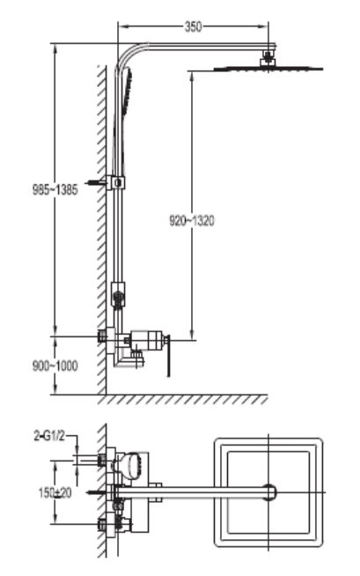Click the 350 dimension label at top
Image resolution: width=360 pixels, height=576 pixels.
coord(193,26)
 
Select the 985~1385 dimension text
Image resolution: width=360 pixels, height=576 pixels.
coord(55,190)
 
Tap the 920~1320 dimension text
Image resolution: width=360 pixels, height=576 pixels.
coord(192,221)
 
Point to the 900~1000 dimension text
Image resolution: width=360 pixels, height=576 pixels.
coord(55,366)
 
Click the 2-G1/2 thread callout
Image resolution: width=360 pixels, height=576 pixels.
coord(49,436)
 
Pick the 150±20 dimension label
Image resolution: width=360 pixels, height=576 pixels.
coord(55,493)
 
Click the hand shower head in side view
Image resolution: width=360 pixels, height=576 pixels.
coord(128,92)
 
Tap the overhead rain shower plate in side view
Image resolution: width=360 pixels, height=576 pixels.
coord(268,69)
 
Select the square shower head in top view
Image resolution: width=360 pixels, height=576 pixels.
coord(268,492)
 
